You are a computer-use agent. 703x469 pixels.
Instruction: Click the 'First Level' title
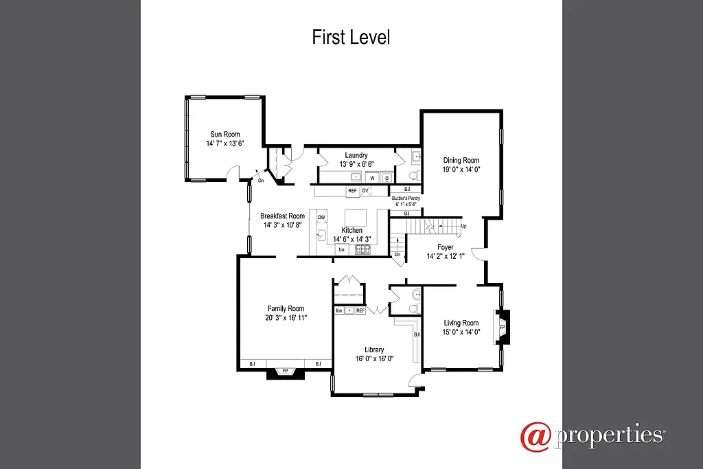(x=351, y=36)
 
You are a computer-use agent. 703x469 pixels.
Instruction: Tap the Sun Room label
(x=224, y=135)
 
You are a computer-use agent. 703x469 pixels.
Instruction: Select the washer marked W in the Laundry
(x=373, y=178)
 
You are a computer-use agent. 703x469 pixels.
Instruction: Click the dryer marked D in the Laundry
(x=387, y=178)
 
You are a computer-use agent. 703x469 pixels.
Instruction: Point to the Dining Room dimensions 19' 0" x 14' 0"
(x=461, y=169)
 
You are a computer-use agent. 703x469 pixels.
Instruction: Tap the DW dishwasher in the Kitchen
(x=321, y=218)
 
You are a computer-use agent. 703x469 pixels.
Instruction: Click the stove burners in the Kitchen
(x=362, y=249)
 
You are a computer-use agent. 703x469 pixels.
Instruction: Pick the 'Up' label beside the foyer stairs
(x=464, y=226)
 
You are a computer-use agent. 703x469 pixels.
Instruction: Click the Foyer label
(x=446, y=247)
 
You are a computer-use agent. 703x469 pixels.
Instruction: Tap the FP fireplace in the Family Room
(x=285, y=371)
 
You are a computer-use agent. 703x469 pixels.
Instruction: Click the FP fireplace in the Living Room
(x=502, y=328)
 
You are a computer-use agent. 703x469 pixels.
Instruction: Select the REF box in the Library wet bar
(x=360, y=310)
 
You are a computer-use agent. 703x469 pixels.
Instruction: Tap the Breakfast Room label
(x=282, y=216)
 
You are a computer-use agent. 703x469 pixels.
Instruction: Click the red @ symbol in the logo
(x=535, y=437)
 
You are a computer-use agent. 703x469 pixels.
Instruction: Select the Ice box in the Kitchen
(x=341, y=249)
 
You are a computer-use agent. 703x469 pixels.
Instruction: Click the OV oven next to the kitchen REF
(x=365, y=190)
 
